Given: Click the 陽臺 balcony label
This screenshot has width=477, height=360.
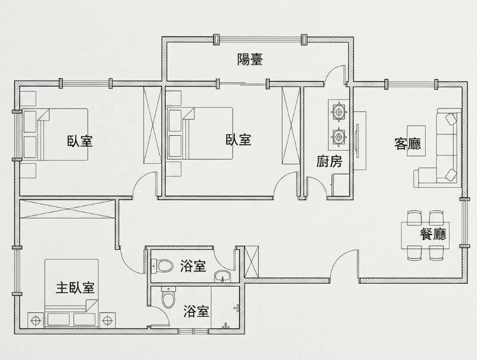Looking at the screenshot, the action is tap(250, 59).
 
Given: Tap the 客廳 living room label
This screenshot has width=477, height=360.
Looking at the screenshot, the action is tap(408, 144).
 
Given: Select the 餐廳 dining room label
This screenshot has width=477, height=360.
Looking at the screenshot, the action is tap(433, 234).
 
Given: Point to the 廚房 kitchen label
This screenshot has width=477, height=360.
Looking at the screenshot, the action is tap(329, 161).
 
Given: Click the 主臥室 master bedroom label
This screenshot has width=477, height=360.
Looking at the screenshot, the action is tap(75, 288).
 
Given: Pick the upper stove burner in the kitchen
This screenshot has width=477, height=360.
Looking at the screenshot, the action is tap(338, 111).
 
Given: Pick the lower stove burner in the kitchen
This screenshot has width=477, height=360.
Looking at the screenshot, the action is tap(338, 137).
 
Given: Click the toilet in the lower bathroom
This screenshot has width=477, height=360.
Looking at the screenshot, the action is tap(168, 297).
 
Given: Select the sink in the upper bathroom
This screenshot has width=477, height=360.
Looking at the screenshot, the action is tap(222, 277).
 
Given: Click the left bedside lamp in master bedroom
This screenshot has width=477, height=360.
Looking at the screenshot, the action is tap(36, 320).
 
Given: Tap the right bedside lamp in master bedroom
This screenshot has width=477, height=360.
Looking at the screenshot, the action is tap(107, 320).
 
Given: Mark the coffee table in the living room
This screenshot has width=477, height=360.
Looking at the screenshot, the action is tap(416, 141).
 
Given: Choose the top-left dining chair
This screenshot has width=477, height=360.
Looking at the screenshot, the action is tap(414, 218).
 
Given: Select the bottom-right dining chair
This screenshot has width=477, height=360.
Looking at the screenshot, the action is tap(436, 253).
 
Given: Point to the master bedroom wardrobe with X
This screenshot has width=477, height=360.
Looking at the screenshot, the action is tap(67, 209).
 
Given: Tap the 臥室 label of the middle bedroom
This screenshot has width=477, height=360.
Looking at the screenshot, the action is tap(238, 140).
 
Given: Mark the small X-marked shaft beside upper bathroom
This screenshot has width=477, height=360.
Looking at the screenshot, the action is tap(251, 262).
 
